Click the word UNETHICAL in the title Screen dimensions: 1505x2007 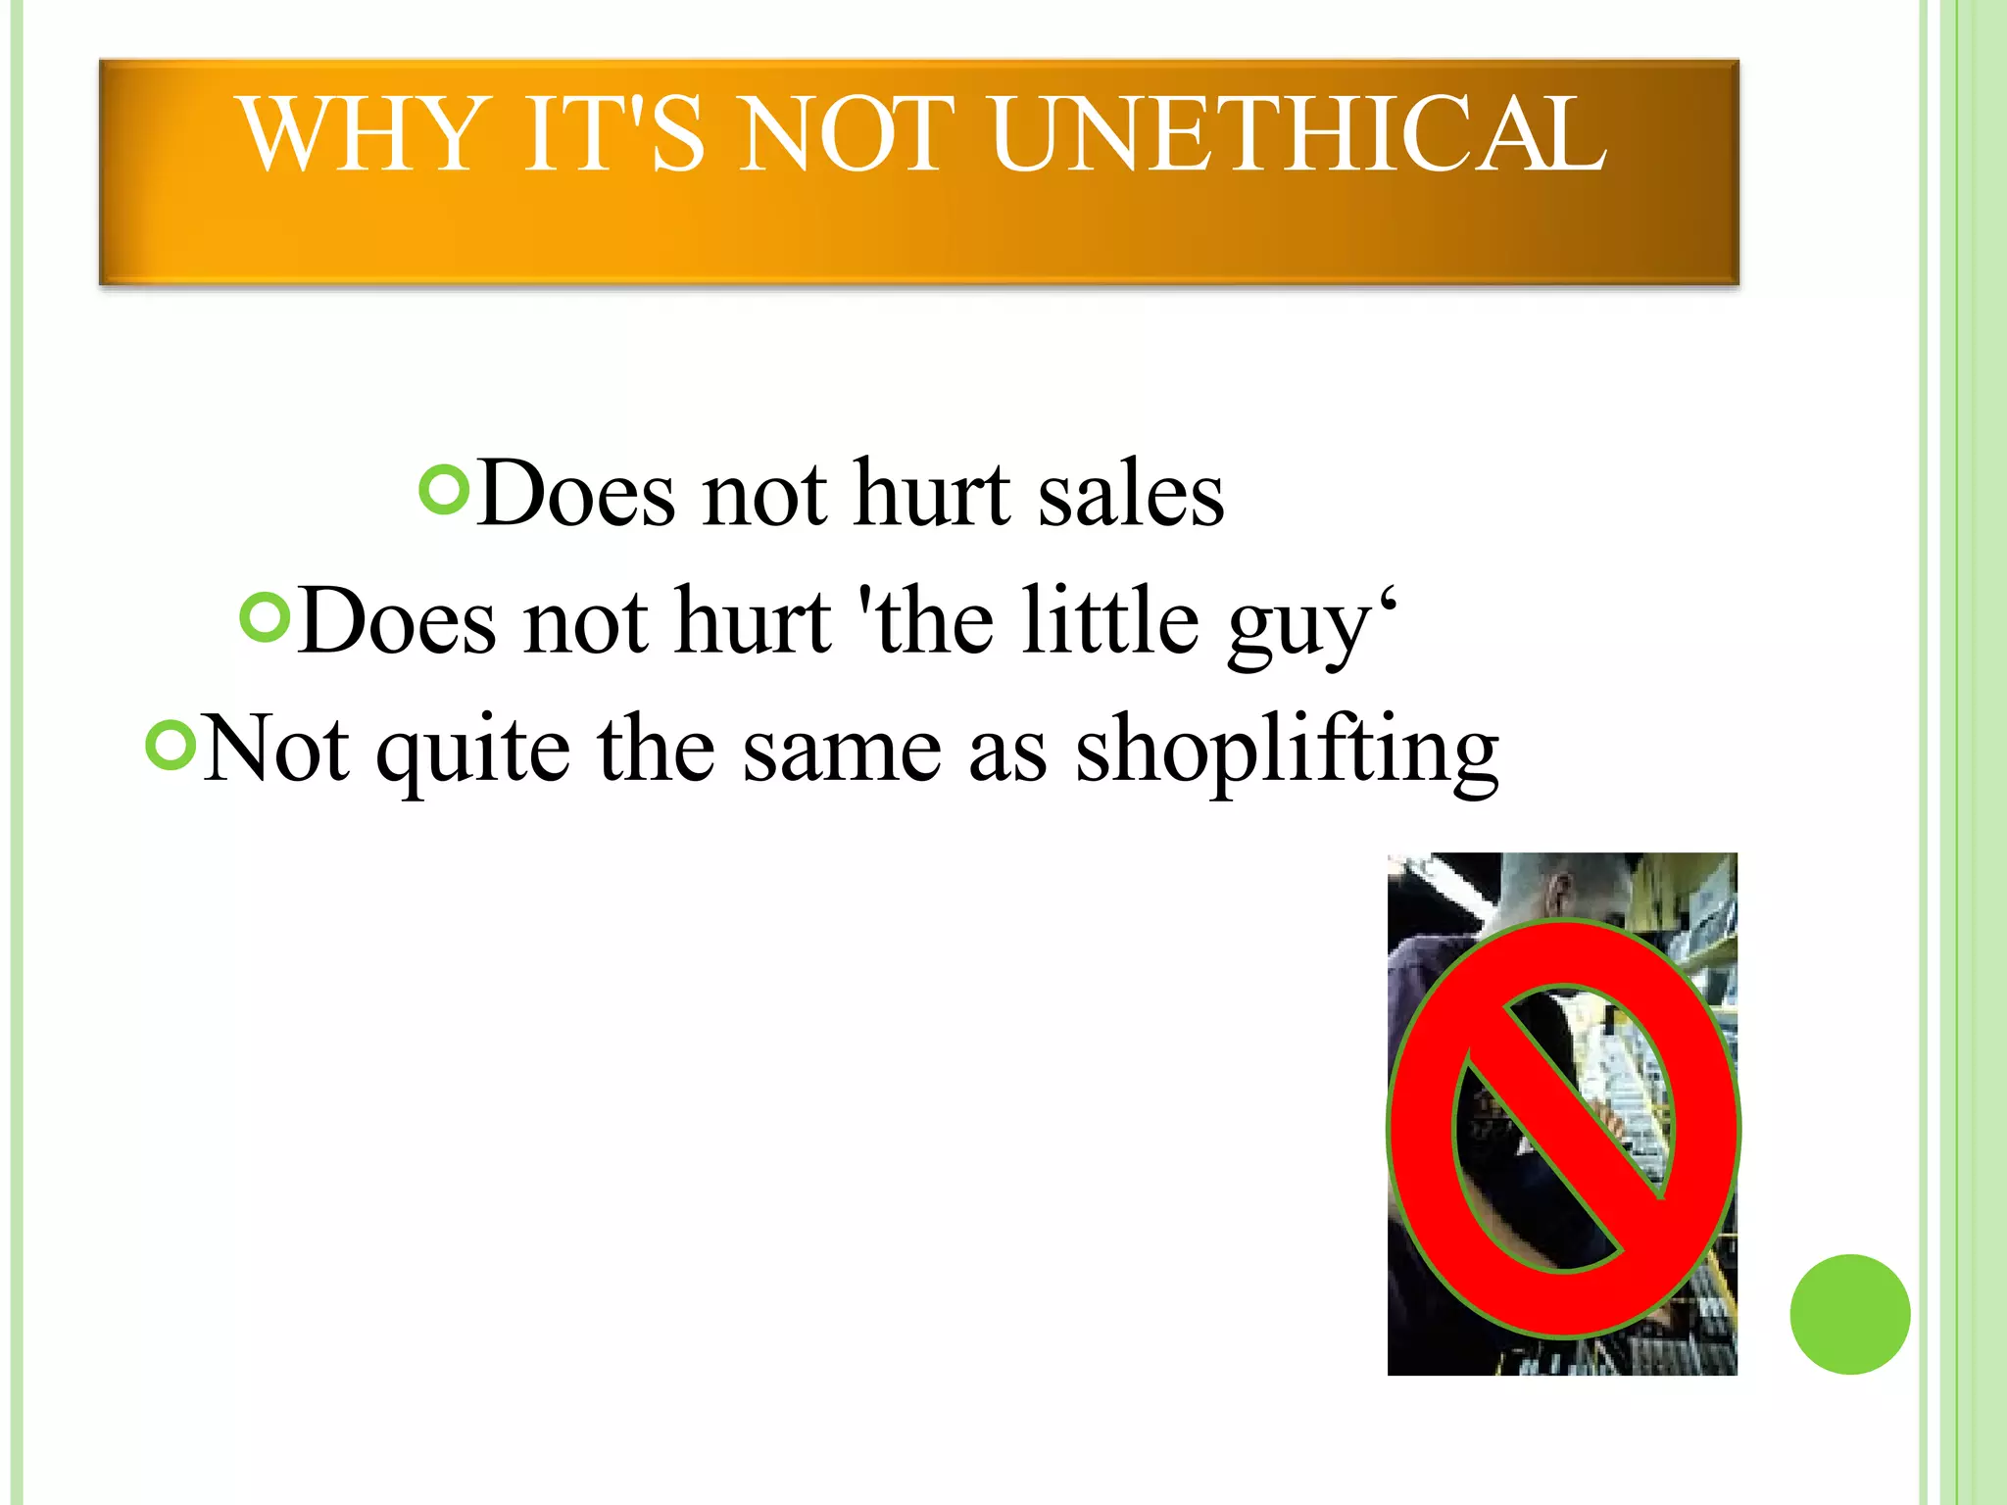pos(1297,134)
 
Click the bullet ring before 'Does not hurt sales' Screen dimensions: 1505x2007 pos(444,488)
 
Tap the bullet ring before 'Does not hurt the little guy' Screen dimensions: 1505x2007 pos(266,617)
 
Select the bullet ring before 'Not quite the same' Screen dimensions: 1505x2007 pos(171,745)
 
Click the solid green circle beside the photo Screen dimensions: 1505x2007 pos(1849,1314)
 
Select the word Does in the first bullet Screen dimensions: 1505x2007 pos(576,494)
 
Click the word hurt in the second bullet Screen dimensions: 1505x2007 pos(753,621)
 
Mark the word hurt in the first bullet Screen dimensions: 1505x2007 pos(932,494)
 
